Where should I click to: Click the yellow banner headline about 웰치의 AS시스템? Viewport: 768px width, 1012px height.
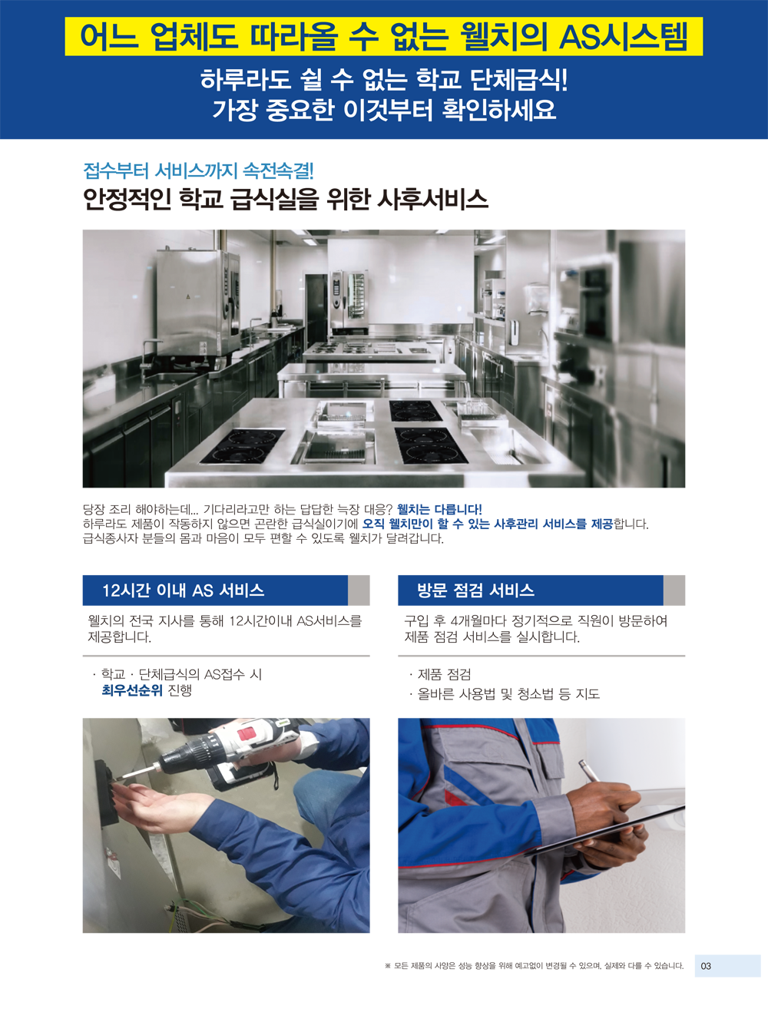(383, 36)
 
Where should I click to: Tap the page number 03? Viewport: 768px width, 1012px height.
(705, 965)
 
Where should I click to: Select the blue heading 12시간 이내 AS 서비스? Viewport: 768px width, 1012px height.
(183, 590)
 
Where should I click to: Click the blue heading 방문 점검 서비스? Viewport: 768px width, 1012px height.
(475, 590)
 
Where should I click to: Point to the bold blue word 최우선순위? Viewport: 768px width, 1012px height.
(132, 690)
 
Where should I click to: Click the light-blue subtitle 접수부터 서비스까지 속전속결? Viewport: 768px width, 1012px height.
(198, 170)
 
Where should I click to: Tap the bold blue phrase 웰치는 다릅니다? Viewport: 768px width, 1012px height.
(439, 510)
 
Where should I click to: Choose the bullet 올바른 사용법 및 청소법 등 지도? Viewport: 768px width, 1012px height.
(505, 694)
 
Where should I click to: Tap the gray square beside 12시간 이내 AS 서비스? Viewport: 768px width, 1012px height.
(359, 590)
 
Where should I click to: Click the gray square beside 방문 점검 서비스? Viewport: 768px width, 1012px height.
(674, 590)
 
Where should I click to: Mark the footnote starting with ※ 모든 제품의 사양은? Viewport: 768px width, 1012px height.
(534, 965)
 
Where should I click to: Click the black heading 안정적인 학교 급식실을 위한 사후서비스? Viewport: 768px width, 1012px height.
(286, 200)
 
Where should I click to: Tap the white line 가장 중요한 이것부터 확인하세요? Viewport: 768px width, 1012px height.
(384, 110)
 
